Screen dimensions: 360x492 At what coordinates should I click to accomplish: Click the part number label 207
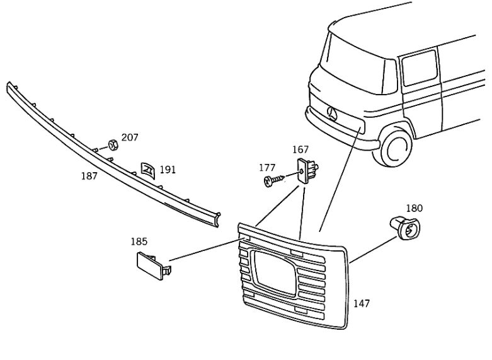130,137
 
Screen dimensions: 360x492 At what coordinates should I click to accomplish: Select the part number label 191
168,170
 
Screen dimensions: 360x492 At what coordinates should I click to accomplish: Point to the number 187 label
89,176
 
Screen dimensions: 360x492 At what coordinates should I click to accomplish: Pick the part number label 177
267,168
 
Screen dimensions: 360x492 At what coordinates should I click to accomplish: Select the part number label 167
300,150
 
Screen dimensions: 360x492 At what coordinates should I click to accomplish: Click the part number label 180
414,208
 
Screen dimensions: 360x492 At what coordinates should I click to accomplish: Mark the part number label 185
139,241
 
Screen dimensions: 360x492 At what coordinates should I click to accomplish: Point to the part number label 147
362,304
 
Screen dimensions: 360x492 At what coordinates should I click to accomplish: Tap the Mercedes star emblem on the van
333,115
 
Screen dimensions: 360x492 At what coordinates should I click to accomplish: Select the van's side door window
419,69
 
